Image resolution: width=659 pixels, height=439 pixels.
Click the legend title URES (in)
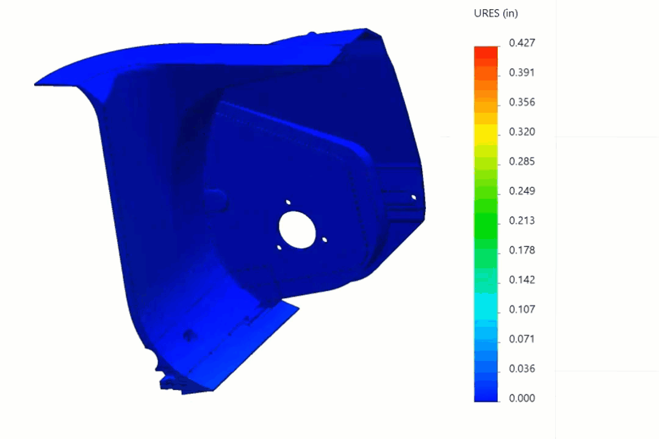click(x=495, y=13)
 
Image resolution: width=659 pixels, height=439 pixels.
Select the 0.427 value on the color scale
click(x=522, y=43)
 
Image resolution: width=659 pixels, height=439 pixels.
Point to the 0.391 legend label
click(x=522, y=73)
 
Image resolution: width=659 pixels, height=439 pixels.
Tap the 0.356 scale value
click(x=522, y=102)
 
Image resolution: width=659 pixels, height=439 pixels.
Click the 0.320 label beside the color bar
click(x=522, y=132)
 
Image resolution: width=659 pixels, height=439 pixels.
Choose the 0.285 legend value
click(x=522, y=162)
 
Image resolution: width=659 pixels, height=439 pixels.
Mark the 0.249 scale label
click(x=522, y=191)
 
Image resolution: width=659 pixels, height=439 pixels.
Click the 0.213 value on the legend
click(x=522, y=221)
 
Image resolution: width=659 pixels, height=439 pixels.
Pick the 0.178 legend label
click(x=522, y=250)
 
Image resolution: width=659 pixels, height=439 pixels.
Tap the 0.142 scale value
click(x=522, y=280)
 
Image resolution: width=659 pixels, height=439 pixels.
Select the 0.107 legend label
click(x=522, y=309)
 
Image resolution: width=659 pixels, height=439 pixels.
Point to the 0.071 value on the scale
click(x=522, y=339)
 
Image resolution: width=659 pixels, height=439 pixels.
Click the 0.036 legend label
click(x=522, y=368)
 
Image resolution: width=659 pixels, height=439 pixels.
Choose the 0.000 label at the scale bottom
click(x=522, y=398)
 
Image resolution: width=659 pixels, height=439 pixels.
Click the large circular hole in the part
click(x=297, y=229)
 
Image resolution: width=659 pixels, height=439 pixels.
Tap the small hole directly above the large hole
click(x=288, y=202)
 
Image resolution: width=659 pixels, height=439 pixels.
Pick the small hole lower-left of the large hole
click(x=279, y=248)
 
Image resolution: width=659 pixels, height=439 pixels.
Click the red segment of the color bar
click(x=486, y=52)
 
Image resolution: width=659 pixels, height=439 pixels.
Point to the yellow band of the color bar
click(x=486, y=132)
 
